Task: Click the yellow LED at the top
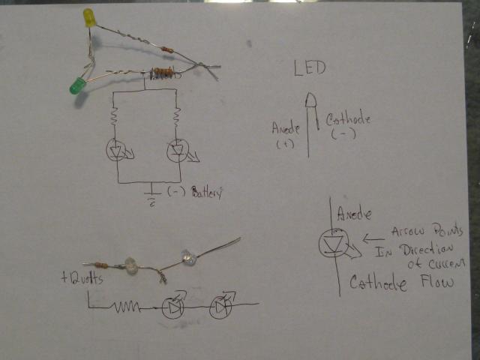89,18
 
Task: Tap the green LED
76,86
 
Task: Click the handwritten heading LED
310,70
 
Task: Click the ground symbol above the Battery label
152,190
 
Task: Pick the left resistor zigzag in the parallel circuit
115,117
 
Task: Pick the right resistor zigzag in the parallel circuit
176,118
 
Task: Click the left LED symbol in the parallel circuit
116,150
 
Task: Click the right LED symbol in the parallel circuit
177,151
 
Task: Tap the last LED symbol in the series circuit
220,307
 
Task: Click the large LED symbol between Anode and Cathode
335,244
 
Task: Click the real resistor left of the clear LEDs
106,265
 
